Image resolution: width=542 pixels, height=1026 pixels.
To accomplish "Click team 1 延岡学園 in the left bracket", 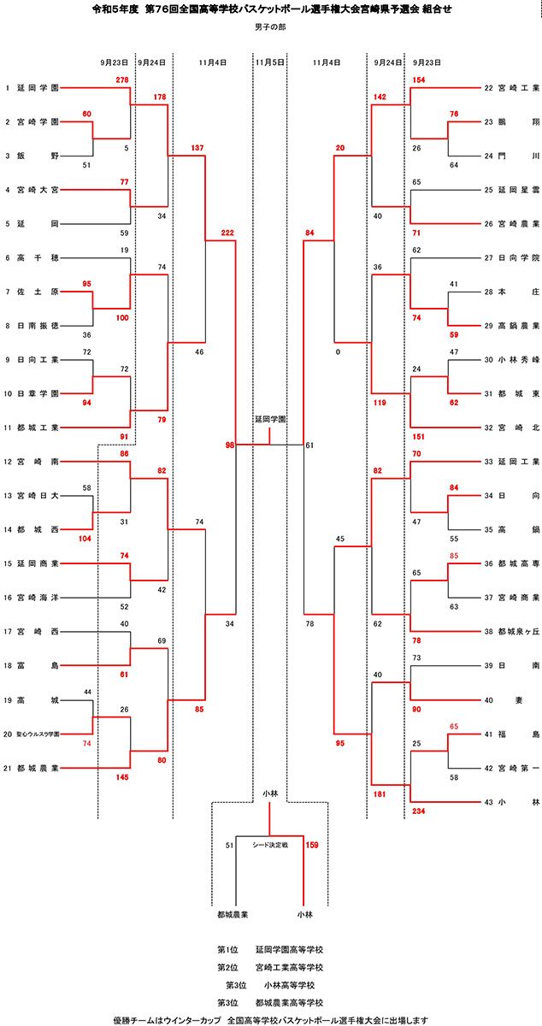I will coord(37,88).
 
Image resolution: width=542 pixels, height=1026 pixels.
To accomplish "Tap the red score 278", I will coord(121,80).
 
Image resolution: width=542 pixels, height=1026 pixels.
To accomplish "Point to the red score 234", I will coord(419,810).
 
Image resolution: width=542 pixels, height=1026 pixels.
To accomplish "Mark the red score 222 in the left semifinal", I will coord(227,233).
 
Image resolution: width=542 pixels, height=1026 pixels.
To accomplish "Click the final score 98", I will coord(229,445).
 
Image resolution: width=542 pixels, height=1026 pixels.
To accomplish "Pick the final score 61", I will coord(309,445).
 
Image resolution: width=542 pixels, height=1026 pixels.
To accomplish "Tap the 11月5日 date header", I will coord(270,62).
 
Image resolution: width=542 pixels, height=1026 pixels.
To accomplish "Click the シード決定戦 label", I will coord(270,845).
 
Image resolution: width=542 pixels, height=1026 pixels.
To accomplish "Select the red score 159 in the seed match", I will coord(311,845).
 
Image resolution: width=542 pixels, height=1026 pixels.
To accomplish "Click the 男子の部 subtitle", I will coord(270,28).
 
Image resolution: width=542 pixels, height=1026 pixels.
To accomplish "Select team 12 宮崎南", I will coord(37,462).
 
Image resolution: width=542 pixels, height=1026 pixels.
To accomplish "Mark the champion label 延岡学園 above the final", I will coord(270,421).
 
